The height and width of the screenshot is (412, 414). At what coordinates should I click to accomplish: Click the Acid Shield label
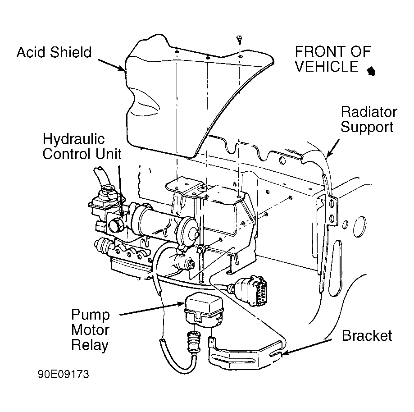point(54,52)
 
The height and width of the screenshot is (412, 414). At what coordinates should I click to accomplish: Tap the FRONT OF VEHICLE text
point(332,59)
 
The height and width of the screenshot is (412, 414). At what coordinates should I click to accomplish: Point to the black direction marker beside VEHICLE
point(371,71)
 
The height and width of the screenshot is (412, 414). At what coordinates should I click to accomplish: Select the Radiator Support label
point(369,119)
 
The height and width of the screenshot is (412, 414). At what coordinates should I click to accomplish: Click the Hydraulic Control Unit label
point(82,146)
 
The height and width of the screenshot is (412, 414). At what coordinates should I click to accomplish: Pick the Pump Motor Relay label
point(90,330)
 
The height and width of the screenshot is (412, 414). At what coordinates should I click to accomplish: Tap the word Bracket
point(367,336)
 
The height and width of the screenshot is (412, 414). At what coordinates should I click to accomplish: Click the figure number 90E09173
point(64,374)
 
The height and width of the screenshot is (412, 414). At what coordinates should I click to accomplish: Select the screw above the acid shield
point(240,40)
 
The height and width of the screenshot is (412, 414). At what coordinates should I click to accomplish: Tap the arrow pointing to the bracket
point(307,347)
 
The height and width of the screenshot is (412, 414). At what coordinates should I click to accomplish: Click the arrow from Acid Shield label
point(111,65)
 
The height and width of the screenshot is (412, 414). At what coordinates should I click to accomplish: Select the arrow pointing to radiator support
point(333,148)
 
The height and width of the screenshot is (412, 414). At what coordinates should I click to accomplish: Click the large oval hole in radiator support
point(359,227)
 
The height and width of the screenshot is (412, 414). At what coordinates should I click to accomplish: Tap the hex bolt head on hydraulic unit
point(116,226)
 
